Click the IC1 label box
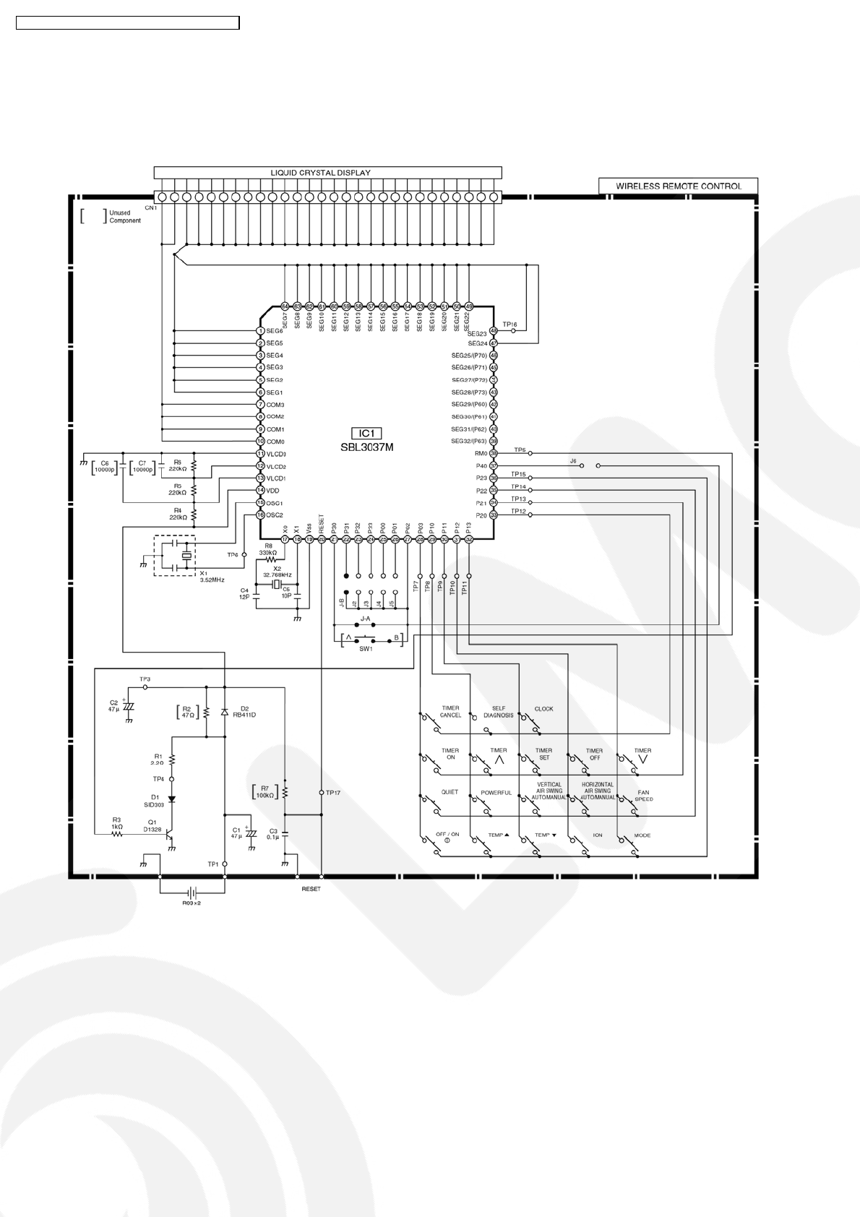[x=366, y=434]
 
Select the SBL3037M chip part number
[x=367, y=447]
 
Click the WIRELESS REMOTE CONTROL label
[x=678, y=186]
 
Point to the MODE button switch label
[x=642, y=835]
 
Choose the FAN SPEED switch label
[x=643, y=796]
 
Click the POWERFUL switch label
[x=496, y=793]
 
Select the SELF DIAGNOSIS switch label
[x=498, y=712]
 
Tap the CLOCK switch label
[x=543, y=709]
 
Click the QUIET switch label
[x=450, y=792]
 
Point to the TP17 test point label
[x=332, y=793]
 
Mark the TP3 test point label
[x=145, y=679]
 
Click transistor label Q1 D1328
[x=152, y=825]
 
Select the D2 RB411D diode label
[x=244, y=712]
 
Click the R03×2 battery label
[x=191, y=903]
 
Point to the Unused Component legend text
[x=125, y=216]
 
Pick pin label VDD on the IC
[x=272, y=491]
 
